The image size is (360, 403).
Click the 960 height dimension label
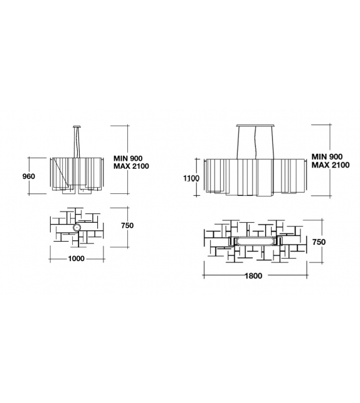(x=28, y=176)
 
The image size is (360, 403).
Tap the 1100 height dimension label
(x=191, y=178)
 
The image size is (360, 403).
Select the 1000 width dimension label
(x=76, y=259)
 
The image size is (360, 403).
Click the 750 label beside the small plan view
(x=127, y=226)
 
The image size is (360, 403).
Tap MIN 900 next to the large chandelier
(x=327, y=156)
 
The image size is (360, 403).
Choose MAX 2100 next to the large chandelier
(x=330, y=164)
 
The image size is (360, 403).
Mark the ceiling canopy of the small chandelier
(x=78, y=126)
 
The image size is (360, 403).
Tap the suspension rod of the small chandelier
(x=78, y=141)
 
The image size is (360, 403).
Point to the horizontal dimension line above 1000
(x=77, y=252)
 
